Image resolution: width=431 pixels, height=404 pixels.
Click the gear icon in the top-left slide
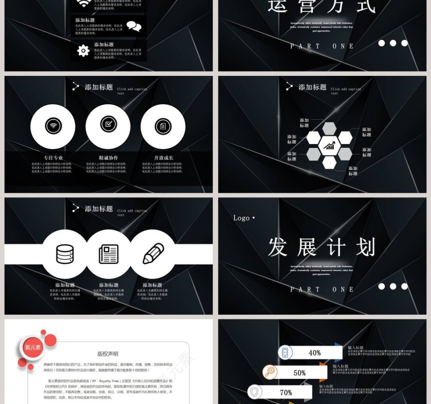click(x=83, y=50)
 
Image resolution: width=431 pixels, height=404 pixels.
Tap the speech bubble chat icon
click(x=133, y=26)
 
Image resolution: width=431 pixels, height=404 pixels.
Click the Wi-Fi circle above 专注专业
click(x=53, y=126)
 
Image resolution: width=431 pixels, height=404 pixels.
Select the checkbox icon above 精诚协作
click(x=108, y=125)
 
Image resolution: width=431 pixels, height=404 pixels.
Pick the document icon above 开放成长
click(x=163, y=126)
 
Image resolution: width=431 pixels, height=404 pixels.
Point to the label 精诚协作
click(x=108, y=158)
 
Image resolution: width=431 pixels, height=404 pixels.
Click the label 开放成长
click(x=164, y=158)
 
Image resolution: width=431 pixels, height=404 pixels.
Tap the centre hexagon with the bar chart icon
click(x=329, y=146)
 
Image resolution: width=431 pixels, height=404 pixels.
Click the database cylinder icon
click(x=65, y=254)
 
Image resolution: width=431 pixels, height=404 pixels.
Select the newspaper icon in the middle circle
click(x=109, y=254)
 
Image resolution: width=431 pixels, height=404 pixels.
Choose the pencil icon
click(x=153, y=253)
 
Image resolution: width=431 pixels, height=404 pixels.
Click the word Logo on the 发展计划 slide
click(x=241, y=218)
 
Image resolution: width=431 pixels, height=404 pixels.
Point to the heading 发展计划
click(x=322, y=247)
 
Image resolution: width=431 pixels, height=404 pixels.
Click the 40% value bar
click(x=315, y=353)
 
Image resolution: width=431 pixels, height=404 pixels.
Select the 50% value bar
click(x=300, y=373)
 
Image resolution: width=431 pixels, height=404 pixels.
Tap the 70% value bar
click(x=286, y=393)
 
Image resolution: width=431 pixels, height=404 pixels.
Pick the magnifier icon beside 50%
click(x=270, y=372)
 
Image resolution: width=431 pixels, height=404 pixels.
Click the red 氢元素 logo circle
click(x=33, y=348)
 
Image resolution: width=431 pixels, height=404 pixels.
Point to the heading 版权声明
click(x=108, y=354)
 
